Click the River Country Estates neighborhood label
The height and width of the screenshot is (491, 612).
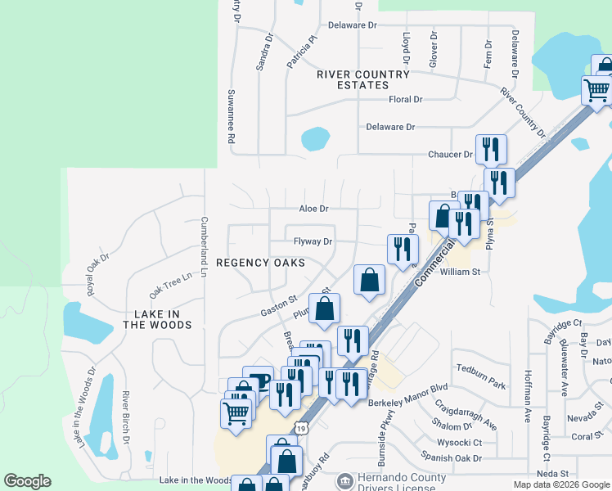(x=362, y=79)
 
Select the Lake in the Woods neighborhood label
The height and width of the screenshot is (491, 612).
(x=157, y=319)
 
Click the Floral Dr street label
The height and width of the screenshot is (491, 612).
(x=405, y=100)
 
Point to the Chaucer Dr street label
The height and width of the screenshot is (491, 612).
(x=450, y=154)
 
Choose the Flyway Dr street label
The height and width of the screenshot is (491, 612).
(x=313, y=241)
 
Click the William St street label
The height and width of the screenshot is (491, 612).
(x=459, y=272)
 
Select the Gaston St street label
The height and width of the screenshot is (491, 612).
(x=278, y=308)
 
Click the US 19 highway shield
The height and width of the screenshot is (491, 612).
(x=302, y=427)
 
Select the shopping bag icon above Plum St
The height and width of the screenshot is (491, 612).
(x=324, y=309)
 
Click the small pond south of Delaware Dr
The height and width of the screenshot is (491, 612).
(x=315, y=139)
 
